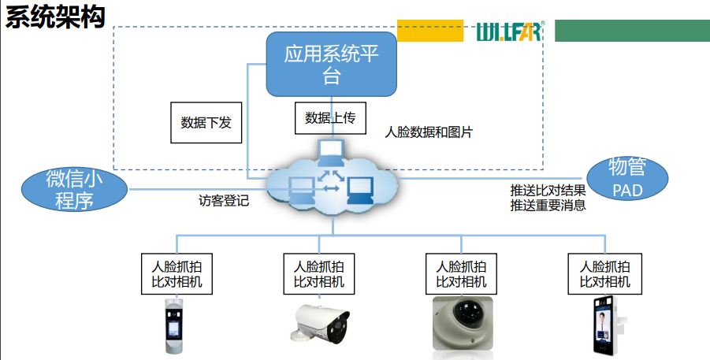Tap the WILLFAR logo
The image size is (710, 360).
tap(509, 32)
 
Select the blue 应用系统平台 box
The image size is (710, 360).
tap(331, 65)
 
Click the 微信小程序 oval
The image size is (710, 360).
tap(75, 189)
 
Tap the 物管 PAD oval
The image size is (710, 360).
tap(627, 178)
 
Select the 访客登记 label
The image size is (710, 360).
tap(223, 200)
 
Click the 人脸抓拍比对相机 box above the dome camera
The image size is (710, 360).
tap(461, 273)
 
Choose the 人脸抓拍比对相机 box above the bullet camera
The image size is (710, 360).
tap(318, 273)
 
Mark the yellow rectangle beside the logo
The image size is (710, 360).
tap(429, 31)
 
